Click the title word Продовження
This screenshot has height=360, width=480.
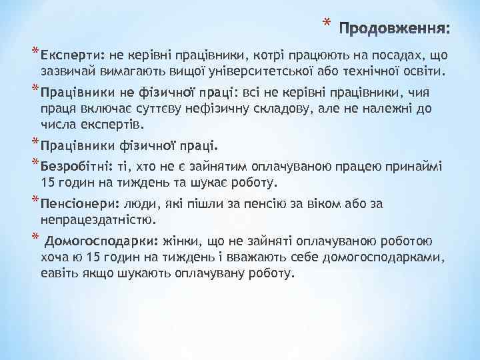(395, 29)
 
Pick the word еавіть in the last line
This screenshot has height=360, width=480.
(59, 273)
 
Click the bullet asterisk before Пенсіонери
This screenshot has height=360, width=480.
(34, 201)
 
